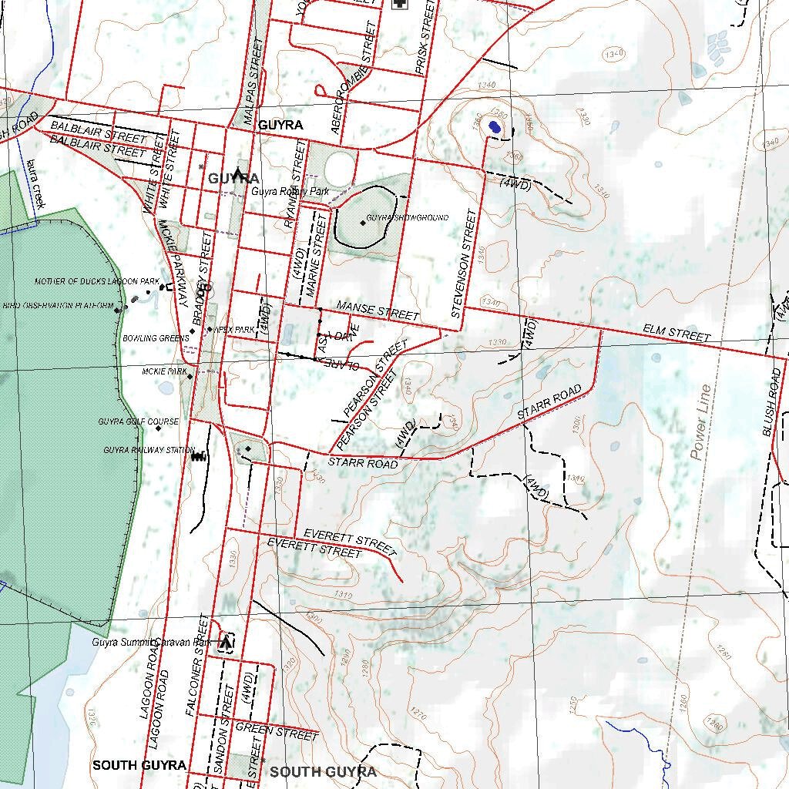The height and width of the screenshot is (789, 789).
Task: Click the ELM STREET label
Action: (x=677, y=334)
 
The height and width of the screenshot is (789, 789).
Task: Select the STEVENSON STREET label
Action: (x=465, y=264)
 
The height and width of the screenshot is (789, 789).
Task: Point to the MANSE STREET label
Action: (x=378, y=311)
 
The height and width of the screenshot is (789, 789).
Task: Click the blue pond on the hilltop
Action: (x=495, y=127)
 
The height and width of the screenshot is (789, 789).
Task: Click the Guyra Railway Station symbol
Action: (x=199, y=455)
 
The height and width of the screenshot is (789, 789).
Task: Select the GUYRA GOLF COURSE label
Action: (x=138, y=421)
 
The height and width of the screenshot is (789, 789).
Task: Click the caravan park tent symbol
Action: (x=226, y=641)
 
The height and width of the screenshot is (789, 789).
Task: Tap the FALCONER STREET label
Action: (x=197, y=666)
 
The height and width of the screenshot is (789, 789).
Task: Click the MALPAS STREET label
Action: (x=253, y=82)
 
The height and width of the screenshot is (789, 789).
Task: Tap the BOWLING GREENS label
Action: (x=156, y=338)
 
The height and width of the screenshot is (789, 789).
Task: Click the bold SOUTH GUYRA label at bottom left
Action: (x=139, y=765)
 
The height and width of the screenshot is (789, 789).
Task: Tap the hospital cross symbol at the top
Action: (x=399, y=3)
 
